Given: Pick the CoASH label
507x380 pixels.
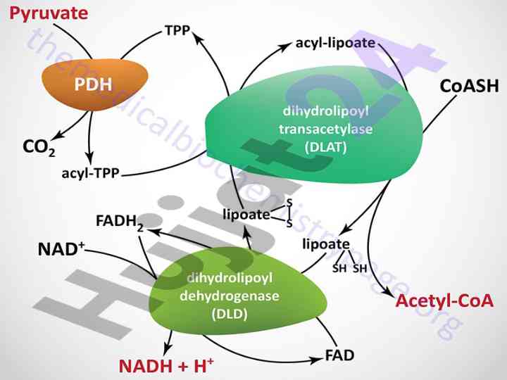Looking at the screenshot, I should coord(469,86).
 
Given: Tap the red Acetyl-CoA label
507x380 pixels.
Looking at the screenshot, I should coord(444,301).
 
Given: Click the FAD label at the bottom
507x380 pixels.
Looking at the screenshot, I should coord(339,355).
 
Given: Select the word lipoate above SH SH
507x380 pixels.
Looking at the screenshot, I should coord(325,244).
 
